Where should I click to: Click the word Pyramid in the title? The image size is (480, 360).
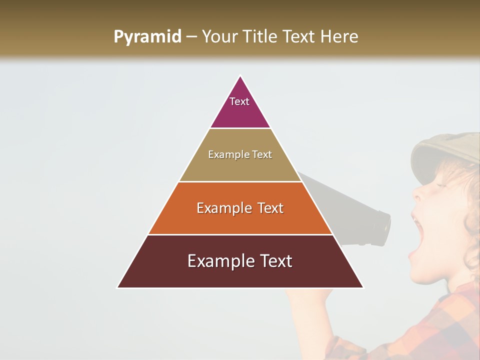147,37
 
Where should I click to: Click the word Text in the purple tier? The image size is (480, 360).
239,101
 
